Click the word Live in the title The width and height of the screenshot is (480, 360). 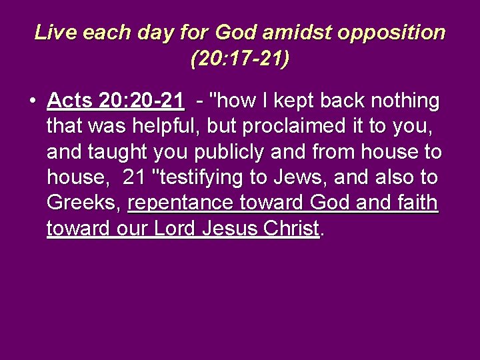coord(52,32)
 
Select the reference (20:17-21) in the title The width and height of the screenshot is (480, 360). coord(240,60)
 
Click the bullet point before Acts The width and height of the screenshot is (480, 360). coord(32,101)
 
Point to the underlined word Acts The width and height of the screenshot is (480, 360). coord(70,101)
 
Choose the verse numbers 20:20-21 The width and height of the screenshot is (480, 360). coord(141,101)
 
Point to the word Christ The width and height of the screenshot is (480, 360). coord(291,229)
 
